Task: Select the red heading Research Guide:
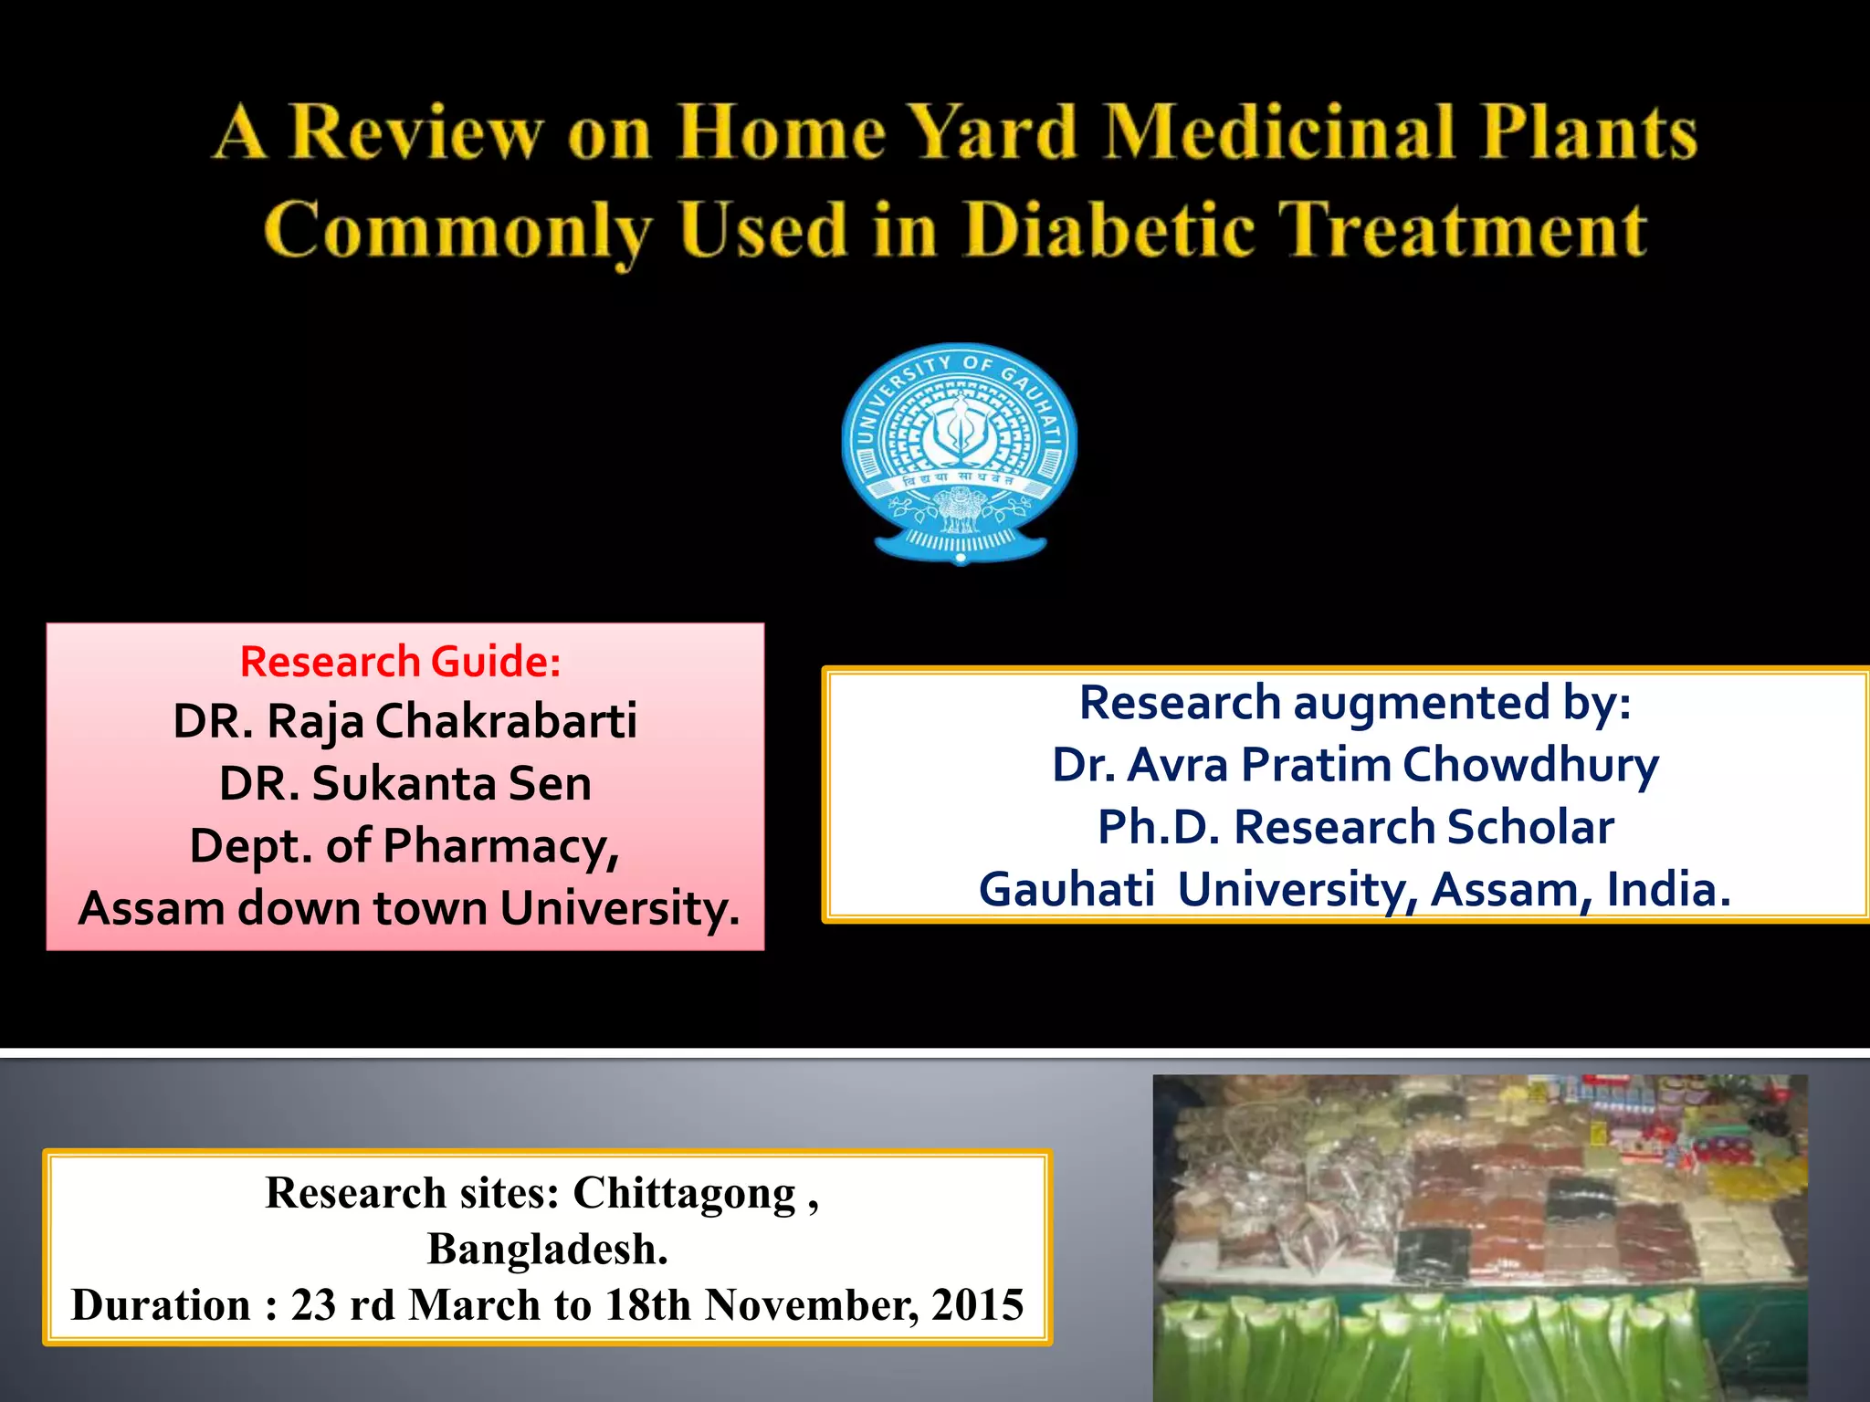401,662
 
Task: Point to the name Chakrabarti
506,721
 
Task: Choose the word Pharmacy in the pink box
500,847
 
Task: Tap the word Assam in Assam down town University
152,908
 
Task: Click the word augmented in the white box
1422,704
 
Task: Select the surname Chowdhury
1530,765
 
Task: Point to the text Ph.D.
1158,827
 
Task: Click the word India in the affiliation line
1667,889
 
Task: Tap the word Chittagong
685,1194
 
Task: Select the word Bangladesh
547,1249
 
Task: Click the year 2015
978,1304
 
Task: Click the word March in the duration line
474,1304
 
